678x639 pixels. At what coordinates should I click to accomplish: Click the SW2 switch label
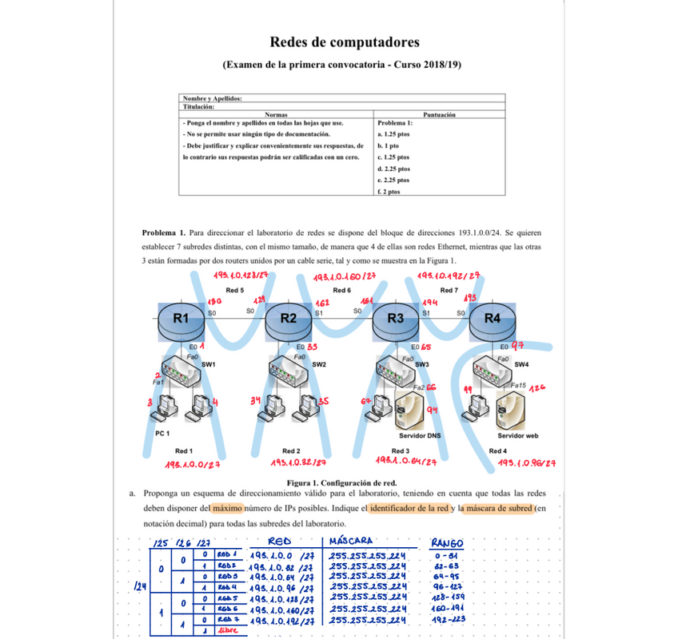(x=319, y=365)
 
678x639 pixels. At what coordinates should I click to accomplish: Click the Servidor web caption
(x=518, y=436)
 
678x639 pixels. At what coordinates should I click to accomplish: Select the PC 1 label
(x=164, y=434)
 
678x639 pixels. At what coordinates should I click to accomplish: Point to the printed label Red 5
(x=235, y=290)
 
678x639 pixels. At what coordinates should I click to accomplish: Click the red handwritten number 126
(x=537, y=387)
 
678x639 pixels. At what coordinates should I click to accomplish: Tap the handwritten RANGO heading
(x=448, y=542)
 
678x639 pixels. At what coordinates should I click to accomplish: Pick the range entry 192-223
(x=447, y=619)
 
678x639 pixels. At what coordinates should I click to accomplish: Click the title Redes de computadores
(x=345, y=42)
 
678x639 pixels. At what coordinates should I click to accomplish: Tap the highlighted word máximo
(x=227, y=508)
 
